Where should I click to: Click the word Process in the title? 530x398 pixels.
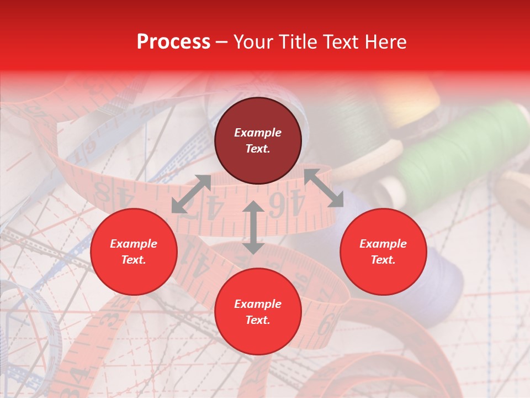click(x=173, y=42)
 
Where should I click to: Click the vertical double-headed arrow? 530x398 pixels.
click(x=253, y=227)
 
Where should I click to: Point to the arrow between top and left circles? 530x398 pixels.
click(x=191, y=194)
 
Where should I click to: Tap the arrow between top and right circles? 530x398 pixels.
click(x=324, y=188)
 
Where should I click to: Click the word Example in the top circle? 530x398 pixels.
click(x=258, y=133)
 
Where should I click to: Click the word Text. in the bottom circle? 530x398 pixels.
click(x=258, y=320)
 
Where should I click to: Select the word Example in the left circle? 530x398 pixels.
click(x=134, y=244)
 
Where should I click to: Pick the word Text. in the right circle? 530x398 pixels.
click(x=383, y=260)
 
